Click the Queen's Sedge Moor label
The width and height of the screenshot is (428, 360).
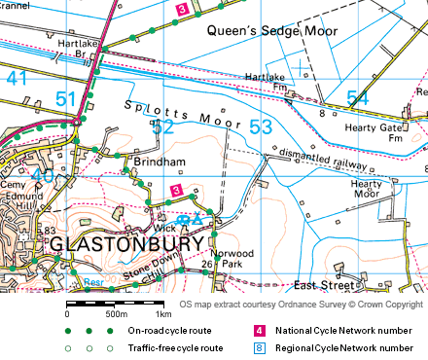pyautogui.click(x=273, y=31)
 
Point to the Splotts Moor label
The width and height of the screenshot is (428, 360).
pyautogui.click(x=182, y=113)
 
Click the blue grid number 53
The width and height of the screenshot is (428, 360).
pyautogui.click(x=261, y=126)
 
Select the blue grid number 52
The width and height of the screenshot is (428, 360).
pyautogui.click(x=162, y=126)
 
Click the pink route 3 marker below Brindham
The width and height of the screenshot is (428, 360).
pyautogui.click(x=176, y=189)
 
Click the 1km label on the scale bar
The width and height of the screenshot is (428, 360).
pyautogui.click(x=163, y=314)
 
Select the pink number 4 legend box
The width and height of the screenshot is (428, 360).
pyautogui.click(x=259, y=331)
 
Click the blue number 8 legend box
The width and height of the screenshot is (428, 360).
pyautogui.click(x=259, y=347)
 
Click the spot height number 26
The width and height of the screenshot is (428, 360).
pyautogui.click(x=206, y=264)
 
